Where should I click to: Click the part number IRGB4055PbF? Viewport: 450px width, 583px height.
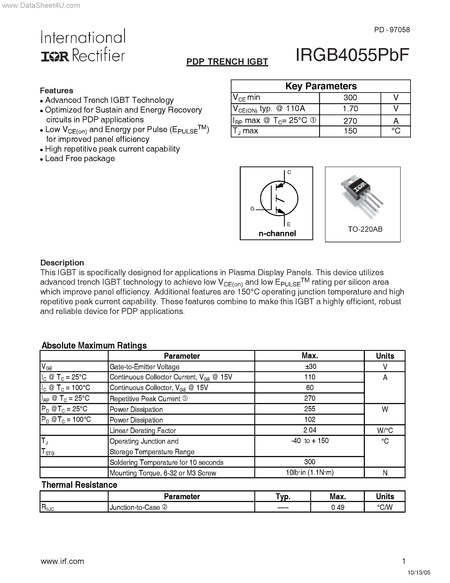point(352,55)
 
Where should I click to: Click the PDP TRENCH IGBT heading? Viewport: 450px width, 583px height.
point(227,62)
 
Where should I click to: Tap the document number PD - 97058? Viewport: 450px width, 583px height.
point(392,30)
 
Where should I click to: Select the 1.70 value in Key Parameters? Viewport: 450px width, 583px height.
point(350,109)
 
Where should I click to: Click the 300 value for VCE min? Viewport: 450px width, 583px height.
point(350,98)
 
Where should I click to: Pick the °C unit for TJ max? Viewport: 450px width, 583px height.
point(396,131)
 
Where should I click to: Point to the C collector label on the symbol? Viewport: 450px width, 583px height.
point(289,172)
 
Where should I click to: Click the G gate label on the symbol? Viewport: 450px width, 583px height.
point(252,209)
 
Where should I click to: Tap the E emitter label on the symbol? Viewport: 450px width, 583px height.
point(288,224)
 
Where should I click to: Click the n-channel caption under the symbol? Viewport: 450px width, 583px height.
point(277,233)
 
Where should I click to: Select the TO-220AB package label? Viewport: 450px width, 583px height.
point(365,229)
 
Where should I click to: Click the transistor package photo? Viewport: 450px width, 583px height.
point(362,196)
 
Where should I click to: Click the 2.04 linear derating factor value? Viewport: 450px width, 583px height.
point(310,430)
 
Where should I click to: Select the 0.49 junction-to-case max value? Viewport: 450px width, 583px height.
point(338,507)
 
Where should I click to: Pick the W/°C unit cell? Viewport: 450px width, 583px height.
point(385,430)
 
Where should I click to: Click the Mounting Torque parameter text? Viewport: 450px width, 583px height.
point(163,473)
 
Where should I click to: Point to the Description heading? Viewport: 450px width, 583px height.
point(62,263)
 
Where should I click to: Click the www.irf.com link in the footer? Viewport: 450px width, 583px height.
point(62,561)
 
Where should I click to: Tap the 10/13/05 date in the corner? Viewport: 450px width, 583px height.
point(419,573)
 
